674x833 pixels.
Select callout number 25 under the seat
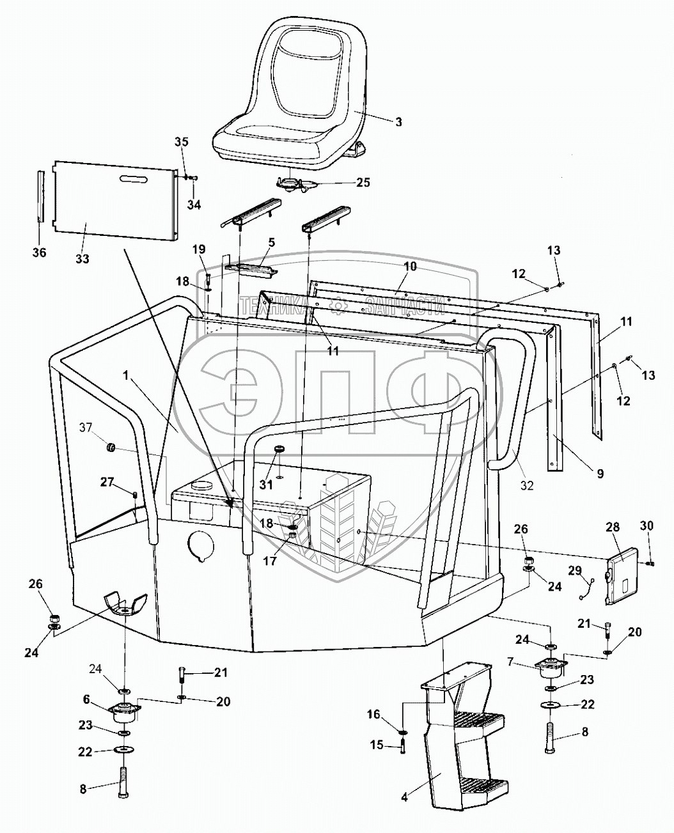point(363,183)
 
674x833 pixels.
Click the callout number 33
point(82,259)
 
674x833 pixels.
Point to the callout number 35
point(182,142)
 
